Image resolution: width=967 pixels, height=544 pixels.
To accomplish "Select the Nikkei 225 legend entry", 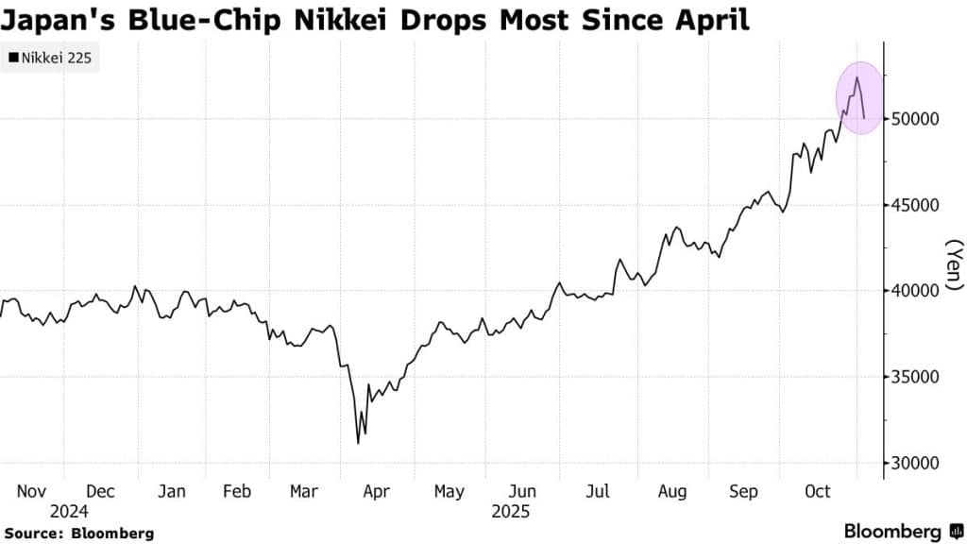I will [x=52, y=59].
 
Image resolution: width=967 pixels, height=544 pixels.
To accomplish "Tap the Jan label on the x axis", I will [x=171, y=492].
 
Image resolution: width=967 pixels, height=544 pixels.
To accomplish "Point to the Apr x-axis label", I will [x=377, y=492].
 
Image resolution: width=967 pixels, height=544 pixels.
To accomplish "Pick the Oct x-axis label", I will [x=818, y=492].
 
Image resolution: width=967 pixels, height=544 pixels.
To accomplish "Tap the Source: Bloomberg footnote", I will [x=78, y=534].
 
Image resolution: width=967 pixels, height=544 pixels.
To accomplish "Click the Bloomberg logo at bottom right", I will [x=902, y=531].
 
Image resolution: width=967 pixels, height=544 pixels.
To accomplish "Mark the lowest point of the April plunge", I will [x=358, y=443].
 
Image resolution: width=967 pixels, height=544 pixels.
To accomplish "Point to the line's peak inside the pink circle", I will [x=857, y=77].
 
